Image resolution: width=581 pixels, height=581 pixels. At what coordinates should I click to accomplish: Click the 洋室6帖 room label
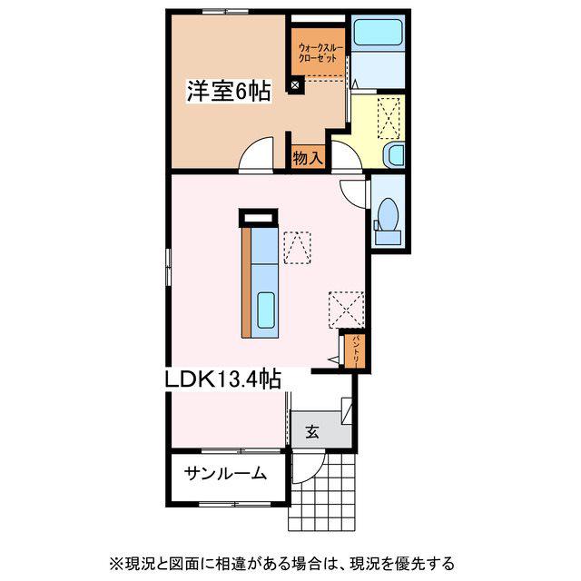228,91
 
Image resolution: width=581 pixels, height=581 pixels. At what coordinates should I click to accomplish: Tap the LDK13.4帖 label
222,379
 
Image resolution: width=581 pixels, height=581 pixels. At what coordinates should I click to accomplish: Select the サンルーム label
225,473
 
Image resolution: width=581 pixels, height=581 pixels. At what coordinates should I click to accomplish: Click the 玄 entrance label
312,431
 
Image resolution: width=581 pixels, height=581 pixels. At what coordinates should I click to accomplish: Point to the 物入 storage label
308,158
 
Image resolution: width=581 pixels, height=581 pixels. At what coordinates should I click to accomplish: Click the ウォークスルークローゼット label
320,53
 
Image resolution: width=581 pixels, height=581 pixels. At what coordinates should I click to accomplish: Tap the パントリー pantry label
355,351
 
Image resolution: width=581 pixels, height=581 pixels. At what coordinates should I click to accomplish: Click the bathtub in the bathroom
378,33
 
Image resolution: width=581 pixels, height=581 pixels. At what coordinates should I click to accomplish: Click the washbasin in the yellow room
395,155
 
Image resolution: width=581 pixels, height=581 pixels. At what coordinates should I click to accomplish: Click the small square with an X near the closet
294,85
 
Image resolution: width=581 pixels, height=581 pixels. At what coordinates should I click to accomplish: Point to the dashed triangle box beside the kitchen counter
297,248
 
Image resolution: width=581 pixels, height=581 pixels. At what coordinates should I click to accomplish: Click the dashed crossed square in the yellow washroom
389,118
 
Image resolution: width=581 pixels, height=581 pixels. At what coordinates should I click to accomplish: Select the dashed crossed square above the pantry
347,310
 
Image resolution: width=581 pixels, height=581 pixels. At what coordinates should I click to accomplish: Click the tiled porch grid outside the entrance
321,493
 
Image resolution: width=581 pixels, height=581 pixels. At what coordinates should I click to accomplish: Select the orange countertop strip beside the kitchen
246,282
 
